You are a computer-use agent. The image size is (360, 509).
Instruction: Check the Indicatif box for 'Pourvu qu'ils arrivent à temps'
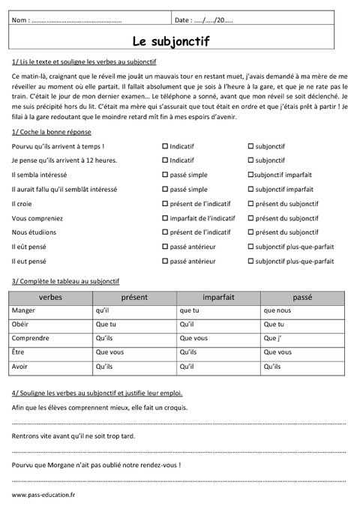[165, 146]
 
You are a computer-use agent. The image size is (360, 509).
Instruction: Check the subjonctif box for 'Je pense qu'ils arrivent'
[250, 160]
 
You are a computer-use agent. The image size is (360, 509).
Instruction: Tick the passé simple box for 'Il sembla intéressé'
[165, 175]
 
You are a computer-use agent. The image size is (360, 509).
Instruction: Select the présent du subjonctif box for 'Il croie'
[250, 204]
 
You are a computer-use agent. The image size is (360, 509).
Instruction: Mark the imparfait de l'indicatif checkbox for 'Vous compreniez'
[165, 218]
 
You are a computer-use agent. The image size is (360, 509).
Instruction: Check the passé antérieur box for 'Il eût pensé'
[165, 247]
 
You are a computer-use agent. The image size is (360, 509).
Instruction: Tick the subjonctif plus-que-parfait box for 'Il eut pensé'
[250, 262]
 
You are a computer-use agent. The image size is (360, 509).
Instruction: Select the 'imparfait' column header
[219, 297]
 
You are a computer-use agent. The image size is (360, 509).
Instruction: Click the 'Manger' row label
[23, 310]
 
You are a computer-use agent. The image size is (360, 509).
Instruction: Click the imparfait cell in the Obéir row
[219, 325]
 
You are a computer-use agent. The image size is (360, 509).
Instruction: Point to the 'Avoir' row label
[21, 367]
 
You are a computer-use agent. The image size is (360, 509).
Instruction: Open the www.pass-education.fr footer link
[43, 496]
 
